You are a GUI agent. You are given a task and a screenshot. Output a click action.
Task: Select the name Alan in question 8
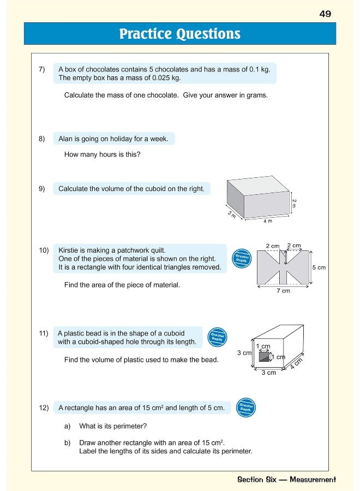coord(67,139)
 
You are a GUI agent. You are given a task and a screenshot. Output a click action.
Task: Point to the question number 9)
coord(42,189)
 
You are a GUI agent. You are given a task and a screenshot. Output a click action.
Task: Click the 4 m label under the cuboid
coord(267,221)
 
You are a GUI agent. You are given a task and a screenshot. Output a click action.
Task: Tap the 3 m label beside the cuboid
coord(232,214)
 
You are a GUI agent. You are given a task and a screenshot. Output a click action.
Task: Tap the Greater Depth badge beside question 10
coord(242,258)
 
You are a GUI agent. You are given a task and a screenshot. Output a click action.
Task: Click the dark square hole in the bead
coord(263,357)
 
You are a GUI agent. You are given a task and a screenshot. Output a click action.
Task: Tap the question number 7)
coord(42,69)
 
